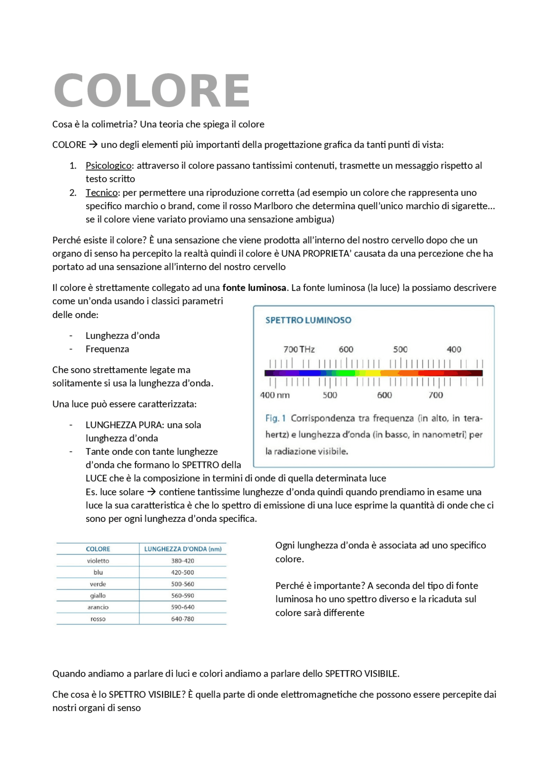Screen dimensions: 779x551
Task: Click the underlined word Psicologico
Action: pos(108,166)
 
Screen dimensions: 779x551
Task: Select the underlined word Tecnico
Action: pos(102,193)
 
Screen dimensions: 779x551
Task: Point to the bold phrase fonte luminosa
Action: pos(254,288)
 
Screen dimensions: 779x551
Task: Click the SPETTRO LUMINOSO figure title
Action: pos(308,320)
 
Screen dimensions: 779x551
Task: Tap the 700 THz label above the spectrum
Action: pos(299,349)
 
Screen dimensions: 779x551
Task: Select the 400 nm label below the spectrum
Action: pos(275,395)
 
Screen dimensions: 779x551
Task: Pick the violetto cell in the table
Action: pos(98,561)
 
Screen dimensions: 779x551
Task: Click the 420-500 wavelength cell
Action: pos(183,573)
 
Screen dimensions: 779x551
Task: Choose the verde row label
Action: pos(98,584)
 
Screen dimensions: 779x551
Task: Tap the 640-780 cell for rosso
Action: pos(183,619)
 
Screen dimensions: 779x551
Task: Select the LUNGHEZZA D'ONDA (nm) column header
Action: pos(183,549)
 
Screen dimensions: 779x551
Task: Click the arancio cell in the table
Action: pos(98,607)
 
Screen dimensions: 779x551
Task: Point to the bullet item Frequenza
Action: pos(107,349)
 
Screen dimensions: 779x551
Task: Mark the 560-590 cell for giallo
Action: pos(183,596)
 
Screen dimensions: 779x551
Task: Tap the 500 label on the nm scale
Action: pos(330,395)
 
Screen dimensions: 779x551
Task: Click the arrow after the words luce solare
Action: pos(152,492)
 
